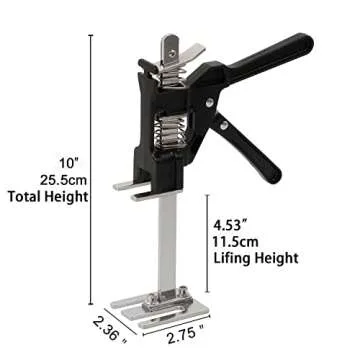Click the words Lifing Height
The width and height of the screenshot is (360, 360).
[x=256, y=257]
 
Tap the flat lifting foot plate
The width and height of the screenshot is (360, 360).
[x=132, y=186]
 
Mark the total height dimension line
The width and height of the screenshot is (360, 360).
[x=92, y=170]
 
